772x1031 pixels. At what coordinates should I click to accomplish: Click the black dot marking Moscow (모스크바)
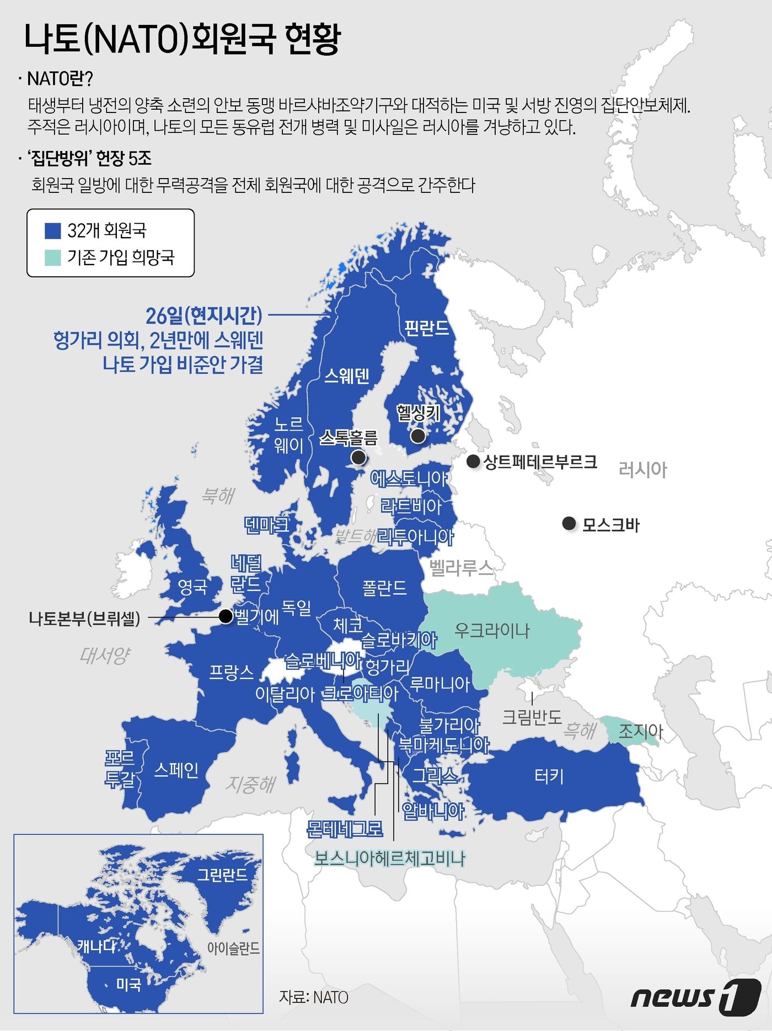click(x=569, y=523)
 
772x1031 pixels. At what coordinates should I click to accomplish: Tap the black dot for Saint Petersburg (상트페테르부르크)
click(x=473, y=461)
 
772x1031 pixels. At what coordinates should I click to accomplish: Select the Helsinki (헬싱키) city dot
click(x=418, y=436)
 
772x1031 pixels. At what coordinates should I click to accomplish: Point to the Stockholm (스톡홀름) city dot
click(x=358, y=457)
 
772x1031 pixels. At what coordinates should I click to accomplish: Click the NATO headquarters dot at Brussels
click(x=226, y=616)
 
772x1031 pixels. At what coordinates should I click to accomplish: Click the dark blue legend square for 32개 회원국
click(x=52, y=230)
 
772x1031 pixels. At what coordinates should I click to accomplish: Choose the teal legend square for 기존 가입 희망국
click(x=52, y=257)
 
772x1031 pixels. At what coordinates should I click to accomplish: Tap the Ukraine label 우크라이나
click(x=492, y=630)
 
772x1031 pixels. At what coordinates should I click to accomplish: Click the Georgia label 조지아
click(x=640, y=732)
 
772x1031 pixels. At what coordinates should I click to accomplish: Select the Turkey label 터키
click(x=549, y=777)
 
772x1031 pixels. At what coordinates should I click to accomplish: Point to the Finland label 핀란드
click(x=426, y=328)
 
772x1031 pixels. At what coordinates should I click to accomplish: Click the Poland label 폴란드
click(x=384, y=588)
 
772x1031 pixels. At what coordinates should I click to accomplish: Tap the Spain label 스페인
click(x=176, y=770)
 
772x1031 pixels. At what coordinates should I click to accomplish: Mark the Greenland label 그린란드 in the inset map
click(x=222, y=874)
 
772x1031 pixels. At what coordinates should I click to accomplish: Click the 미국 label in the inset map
click(x=128, y=984)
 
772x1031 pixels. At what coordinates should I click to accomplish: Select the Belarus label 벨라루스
click(x=461, y=568)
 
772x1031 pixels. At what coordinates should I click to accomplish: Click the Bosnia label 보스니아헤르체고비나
click(x=390, y=858)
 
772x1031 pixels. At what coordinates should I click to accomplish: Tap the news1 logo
click(x=696, y=997)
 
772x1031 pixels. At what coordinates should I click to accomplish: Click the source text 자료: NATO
click(x=314, y=997)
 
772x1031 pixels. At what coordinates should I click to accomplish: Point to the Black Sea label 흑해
click(x=579, y=731)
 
